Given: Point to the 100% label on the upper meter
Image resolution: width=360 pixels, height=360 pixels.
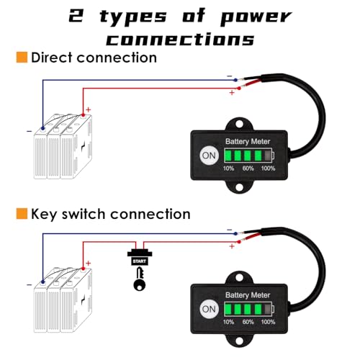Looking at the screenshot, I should pyautogui.click(x=269, y=168).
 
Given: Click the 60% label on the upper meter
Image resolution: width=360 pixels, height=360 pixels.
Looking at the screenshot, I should pyautogui.click(x=248, y=168).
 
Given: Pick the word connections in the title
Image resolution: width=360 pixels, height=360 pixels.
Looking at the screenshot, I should pyautogui.click(x=180, y=38).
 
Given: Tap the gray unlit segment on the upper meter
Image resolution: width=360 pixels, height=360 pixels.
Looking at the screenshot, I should pyautogui.click(x=269, y=156).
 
